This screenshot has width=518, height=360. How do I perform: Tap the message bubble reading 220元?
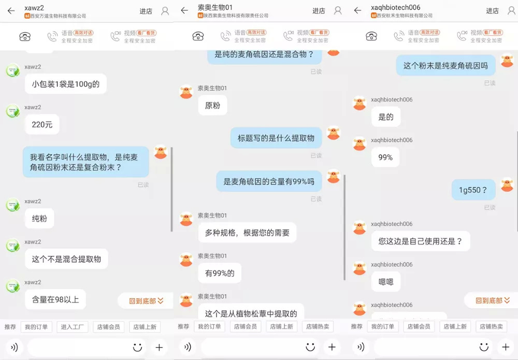click(x=42, y=124)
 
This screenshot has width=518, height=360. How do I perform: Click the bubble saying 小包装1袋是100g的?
click(x=66, y=84)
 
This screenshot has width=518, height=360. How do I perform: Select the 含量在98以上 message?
click(x=55, y=299)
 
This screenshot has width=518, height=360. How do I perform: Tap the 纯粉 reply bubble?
click(x=39, y=219)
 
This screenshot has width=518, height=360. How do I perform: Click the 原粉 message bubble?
click(x=212, y=106)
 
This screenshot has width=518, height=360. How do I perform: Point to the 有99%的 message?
click(x=220, y=273)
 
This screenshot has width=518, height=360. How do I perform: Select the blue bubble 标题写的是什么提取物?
click(x=276, y=138)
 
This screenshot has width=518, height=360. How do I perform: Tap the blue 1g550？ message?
click(x=473, y=190)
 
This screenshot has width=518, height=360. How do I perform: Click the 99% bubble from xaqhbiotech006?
click(x=385, y=157)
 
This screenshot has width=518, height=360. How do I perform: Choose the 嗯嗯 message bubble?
click(x=386, y=282)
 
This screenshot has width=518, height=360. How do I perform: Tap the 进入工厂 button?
click(x=73, y=327)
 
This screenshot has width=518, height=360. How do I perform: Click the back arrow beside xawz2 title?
click(x=11, y=11)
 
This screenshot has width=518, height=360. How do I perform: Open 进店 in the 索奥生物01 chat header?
click(x=319, y=11)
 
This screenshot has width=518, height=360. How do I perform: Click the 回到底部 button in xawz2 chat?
click(x=146, y=301)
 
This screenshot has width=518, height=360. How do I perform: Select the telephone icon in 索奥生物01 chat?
click(x=198, y=36)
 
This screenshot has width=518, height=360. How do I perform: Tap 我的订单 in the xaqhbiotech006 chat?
click(x=383, y=327)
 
